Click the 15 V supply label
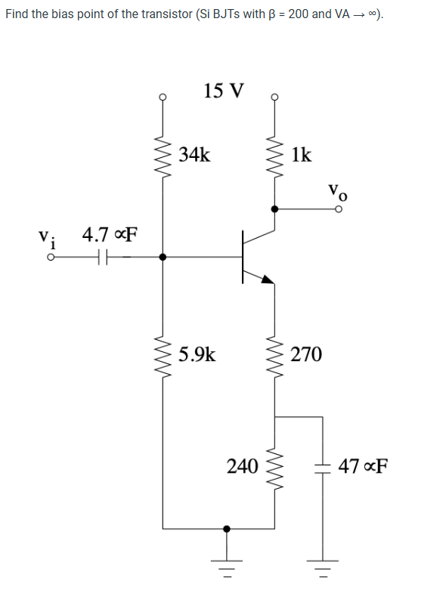(x=225, y=91)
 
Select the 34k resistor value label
(x=195, y=156)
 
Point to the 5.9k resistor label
(x=197, y=354)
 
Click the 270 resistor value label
(x=306, y=354)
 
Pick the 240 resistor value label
(x=243, y=465)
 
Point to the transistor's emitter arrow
(x=266, y=278)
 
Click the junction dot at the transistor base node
(x=163, y=258)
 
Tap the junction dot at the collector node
(x=274, y=209)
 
